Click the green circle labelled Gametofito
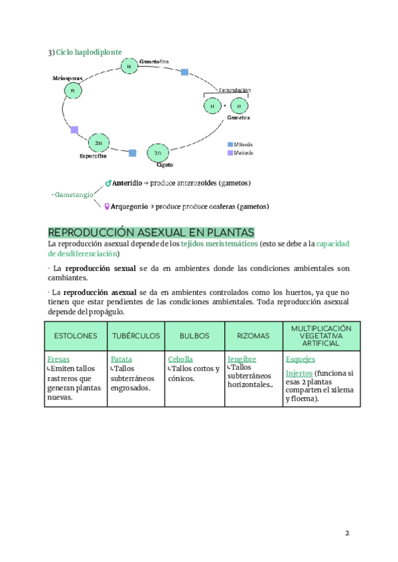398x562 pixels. (129, 66)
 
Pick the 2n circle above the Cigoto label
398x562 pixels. (157, 153)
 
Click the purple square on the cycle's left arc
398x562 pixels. (74, 130)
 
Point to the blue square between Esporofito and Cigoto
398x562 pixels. (133, 153)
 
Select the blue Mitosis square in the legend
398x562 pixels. (230, 144)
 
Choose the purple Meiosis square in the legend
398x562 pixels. (230, 152)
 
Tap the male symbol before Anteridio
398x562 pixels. (108, 183)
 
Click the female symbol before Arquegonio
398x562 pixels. (107, 206)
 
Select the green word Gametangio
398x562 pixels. (74, 195)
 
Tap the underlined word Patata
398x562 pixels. (121, 359)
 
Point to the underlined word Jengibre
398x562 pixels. (242, 359)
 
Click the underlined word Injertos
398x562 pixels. (298, 373)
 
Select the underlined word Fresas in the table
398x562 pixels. (58, 359)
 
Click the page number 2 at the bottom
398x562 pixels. (346, 534)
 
